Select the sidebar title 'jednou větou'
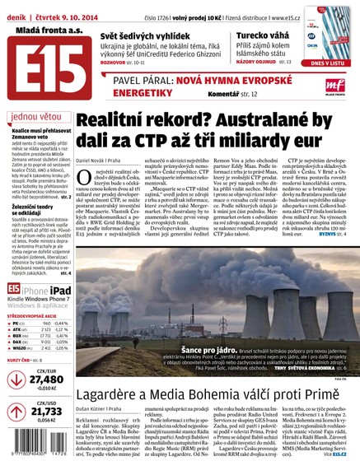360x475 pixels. tap(33, 117)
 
